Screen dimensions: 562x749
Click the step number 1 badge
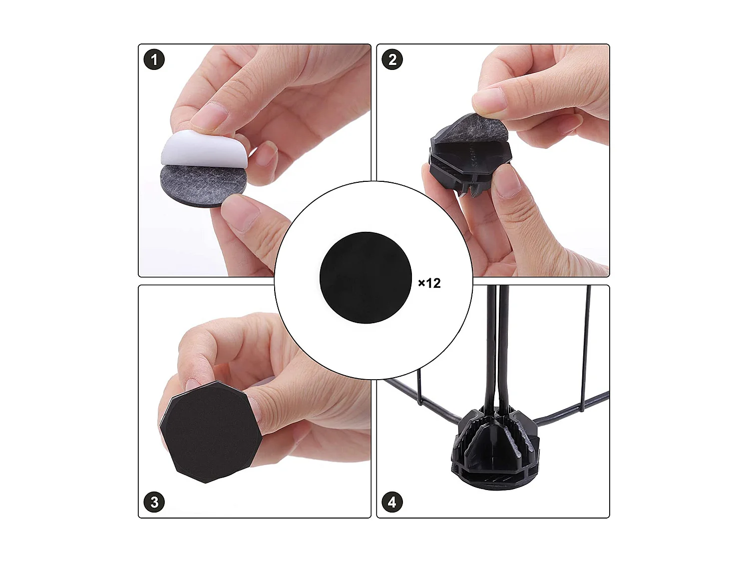pyautogui.click(x=154, y=60)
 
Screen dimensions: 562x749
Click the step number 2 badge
pyautogui.click(x=392, y=60)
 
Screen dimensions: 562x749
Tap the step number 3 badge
pyautogui.click(x=154, y=502)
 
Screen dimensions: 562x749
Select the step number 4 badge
pyautogui.click(x=392, y=502)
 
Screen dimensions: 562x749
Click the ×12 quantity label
pyautogui.click(x=429, y=283)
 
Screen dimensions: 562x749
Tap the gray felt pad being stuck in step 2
pyautogui.click(x=484, y=130)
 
